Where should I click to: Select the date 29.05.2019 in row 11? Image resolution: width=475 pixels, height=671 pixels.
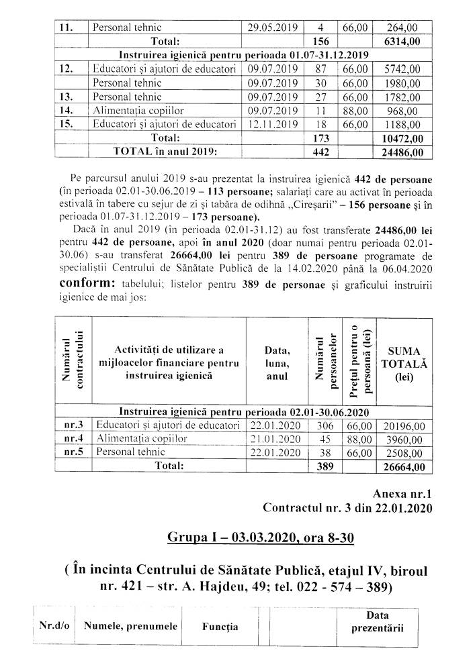pyautogui.click(x=273, y=28)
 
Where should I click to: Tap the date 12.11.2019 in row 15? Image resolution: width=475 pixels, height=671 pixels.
pyautogui.click(x=273, y=124)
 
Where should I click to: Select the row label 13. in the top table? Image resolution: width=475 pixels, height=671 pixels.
pyautogui.click(x=67, y=97)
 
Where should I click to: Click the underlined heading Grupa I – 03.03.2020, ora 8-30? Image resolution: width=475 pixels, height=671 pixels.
pyautogui.click(x=251, y=538)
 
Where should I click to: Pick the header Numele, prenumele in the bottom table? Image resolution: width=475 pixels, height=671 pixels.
pyautogui.click(x=130, y=627)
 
